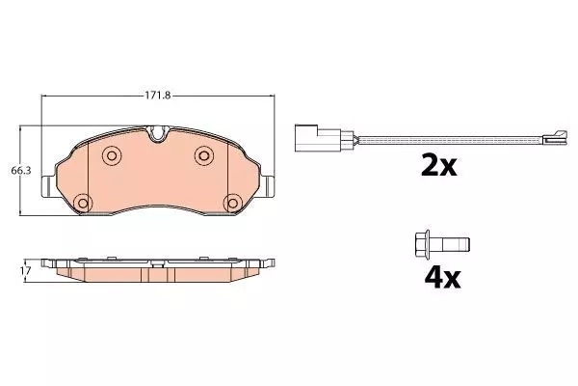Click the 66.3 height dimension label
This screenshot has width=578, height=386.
tap(21, 171)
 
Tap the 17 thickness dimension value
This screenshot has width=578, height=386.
tap(25, 270)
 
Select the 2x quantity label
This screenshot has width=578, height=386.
tap(438, 166)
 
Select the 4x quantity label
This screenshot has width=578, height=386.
tap(442, 278)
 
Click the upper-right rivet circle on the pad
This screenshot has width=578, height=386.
tap(204, 155)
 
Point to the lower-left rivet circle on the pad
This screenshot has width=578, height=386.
tap(83, 203)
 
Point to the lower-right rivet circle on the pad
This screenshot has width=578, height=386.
tap(233, 203)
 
